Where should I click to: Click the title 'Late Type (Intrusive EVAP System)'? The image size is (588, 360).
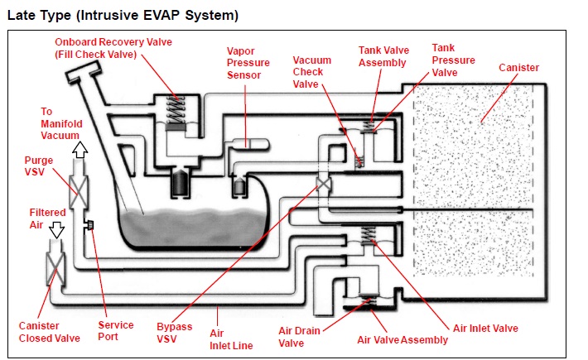tap(123, 14)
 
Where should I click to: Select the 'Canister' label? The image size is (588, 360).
tap(518, 67)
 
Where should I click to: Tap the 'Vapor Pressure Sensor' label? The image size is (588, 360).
tap(247, 63)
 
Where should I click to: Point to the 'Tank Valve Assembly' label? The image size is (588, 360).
tap(383, 56)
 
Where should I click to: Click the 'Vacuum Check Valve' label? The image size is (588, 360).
tap(312, 71)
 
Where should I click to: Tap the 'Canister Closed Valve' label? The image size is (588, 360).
tap(50, 331)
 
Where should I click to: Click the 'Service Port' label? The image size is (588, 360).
tap(116, 331)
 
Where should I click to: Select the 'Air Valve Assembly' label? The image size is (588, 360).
tap(402, 339)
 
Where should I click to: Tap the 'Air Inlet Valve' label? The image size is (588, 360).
tap(484, 329)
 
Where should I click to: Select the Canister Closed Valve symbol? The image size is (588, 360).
tap(56, 271)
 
